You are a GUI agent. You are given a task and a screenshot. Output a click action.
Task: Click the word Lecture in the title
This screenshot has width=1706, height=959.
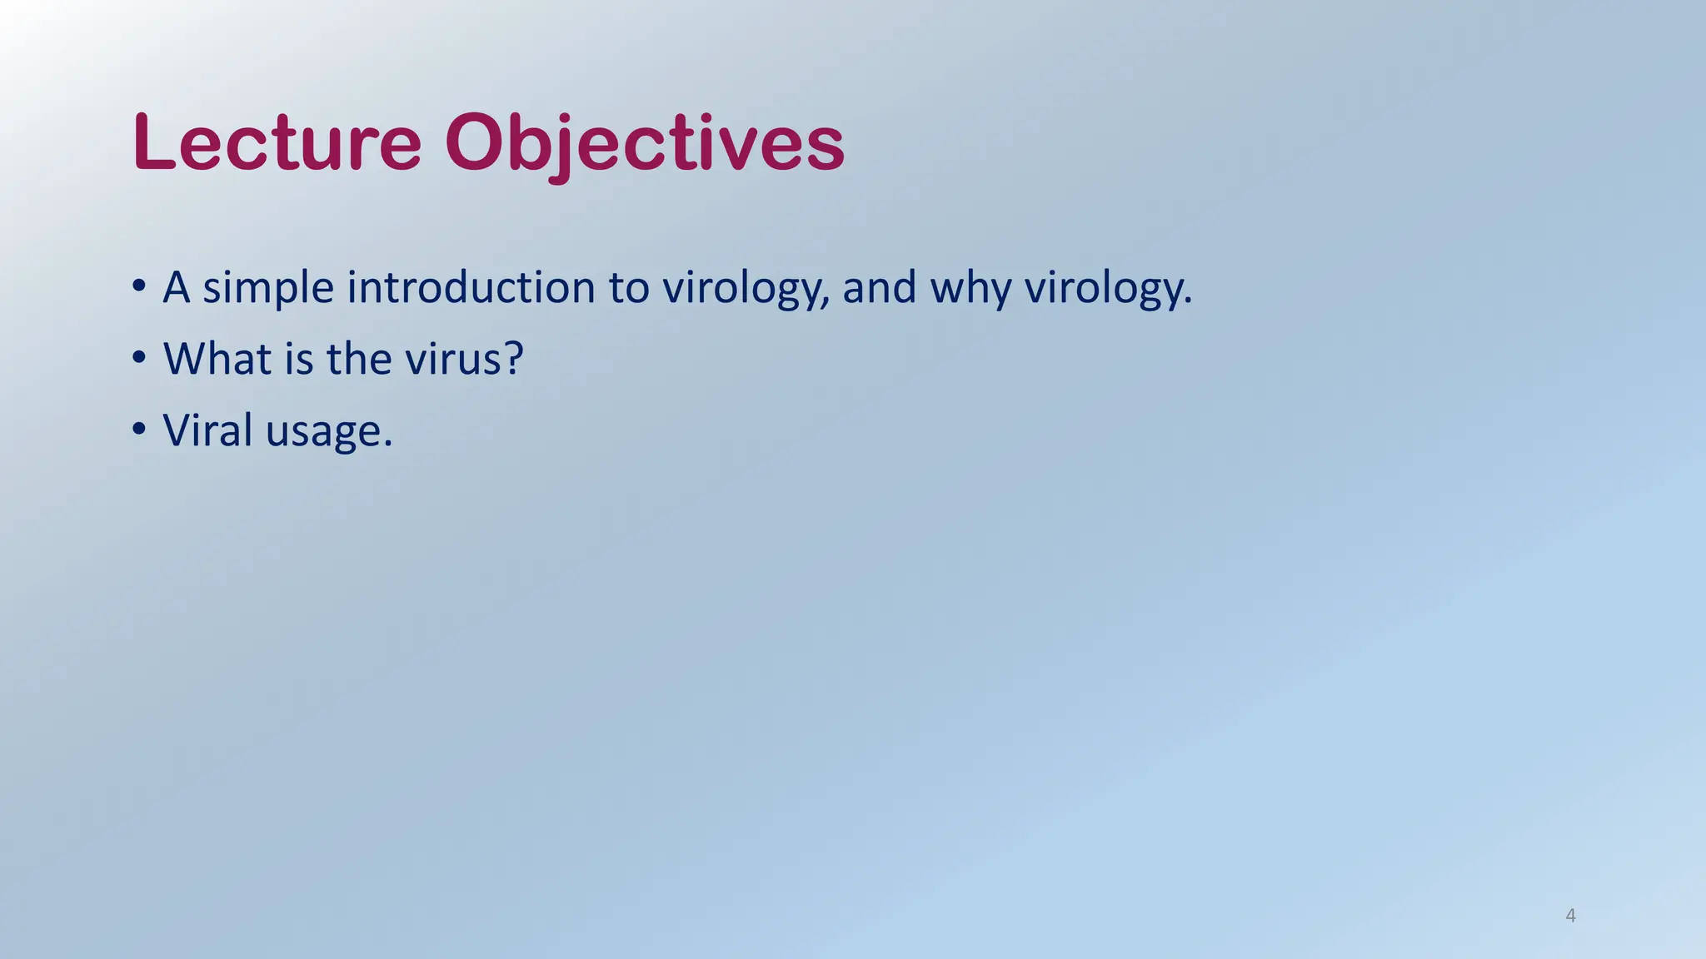point(277,143)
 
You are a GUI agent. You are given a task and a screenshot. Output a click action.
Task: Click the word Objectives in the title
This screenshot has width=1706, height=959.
point(645,143)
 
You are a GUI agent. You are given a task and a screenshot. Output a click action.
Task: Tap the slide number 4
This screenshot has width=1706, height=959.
point(1570,916)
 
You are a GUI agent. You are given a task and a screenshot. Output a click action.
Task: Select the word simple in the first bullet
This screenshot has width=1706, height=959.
point(268,288)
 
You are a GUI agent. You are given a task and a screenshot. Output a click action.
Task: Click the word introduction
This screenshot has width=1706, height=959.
point(471,287)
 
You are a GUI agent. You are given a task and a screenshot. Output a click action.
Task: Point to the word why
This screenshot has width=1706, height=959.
point(970,288)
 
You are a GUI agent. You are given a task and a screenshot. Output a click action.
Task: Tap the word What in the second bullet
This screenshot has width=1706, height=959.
point(217,359)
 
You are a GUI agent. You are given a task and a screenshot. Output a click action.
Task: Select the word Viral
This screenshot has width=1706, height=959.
point(207,430)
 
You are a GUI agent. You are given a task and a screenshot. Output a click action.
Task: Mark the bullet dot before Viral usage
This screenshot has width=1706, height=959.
point(139,430)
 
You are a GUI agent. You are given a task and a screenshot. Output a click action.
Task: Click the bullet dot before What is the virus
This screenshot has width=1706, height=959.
point(139,358)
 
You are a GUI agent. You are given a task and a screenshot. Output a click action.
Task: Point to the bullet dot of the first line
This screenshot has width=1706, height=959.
point(139,286)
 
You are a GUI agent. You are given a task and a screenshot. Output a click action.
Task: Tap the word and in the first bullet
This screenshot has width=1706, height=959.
point(879,287)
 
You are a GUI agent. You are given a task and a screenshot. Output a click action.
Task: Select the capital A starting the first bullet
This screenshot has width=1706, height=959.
point(176,287)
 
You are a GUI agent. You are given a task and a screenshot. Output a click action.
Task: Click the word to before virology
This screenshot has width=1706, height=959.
point(628,288)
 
